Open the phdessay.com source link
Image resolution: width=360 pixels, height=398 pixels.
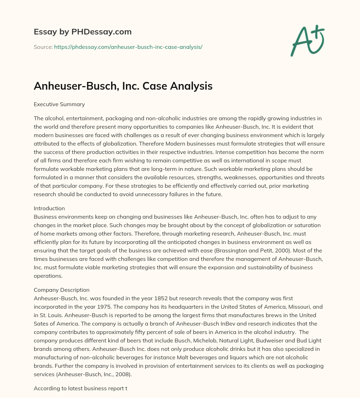pos(128,47)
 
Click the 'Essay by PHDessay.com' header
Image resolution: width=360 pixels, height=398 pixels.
pos(83,32)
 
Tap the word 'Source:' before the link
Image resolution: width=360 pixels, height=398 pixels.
pos(43,47)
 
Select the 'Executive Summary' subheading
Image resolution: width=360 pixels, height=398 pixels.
pos(59,104)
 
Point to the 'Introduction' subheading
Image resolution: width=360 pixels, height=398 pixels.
pos(49,208)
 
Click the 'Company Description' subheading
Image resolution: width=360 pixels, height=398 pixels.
pos(62,290)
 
